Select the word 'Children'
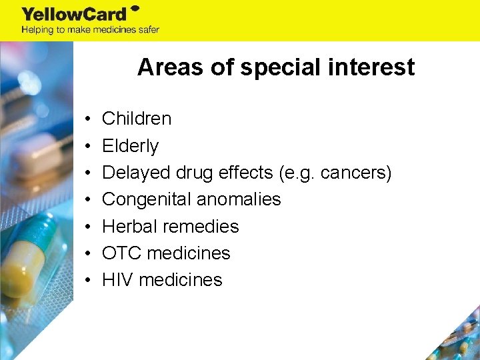[x=137, y=119]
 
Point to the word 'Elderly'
[x=130, y=146]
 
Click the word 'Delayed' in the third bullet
[x=137, y=173]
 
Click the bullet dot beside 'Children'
[x=88, y=119]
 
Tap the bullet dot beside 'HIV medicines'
[x=88, y=281]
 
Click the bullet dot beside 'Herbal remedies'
[x=88, y=227]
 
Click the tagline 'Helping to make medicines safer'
[x=90, y=30]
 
